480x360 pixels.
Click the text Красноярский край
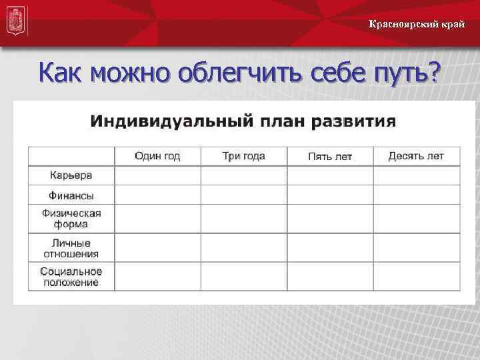[x=417, y=25]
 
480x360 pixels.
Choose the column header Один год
[x=157, y=156]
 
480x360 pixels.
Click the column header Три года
[x=243, y=156]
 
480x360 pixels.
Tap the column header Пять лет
[x=329, y=157]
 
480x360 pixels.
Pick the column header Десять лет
[x=416, y=156]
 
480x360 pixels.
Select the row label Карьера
[x=71, y=175]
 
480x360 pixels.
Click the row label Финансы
[x=71, y=195]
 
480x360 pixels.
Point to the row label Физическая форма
[x=71, y=218]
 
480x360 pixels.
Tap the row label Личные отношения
[x=71, y=248]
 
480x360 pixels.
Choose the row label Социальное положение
[x=71, y=277]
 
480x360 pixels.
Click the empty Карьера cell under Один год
[x=157, y=175]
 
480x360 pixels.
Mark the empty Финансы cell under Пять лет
[x=329, y=195]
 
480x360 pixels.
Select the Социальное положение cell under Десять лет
[x=416, y=277]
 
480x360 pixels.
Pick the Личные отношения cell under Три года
[x=243, y=247]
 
